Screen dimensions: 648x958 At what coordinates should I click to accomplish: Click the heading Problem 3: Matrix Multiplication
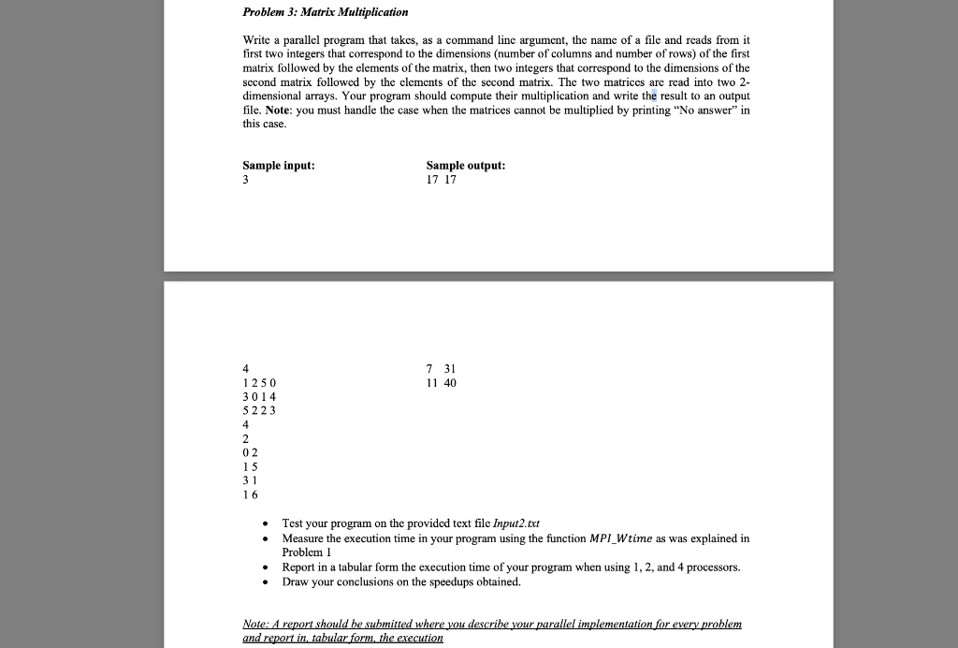coord(326,12)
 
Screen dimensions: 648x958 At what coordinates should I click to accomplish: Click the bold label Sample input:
coord(279,165)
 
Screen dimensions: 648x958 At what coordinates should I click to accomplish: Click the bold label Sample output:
coord(466,165)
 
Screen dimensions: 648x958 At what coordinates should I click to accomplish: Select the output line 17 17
coord(442,179)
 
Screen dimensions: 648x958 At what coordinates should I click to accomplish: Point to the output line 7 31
coord(441,369)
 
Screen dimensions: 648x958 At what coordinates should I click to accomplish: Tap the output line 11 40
coord(442,383)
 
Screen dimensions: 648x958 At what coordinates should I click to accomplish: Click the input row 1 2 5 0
coord(259,383)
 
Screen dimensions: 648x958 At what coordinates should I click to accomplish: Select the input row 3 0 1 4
coord(259,397)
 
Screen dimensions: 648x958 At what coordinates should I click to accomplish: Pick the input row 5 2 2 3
coord(259,410)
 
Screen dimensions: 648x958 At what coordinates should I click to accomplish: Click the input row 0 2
coord(249,452)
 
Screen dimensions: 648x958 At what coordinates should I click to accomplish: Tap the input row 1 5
coord(249,466)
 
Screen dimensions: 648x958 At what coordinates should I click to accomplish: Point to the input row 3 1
coord(249,479)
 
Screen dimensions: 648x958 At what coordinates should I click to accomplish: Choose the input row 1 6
coord(249,493)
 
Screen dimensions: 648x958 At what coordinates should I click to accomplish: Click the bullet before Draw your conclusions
coord(268,582)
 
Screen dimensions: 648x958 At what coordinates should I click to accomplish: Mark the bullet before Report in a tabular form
coord(268,567)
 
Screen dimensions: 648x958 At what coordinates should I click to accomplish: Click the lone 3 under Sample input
coord(246,179)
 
